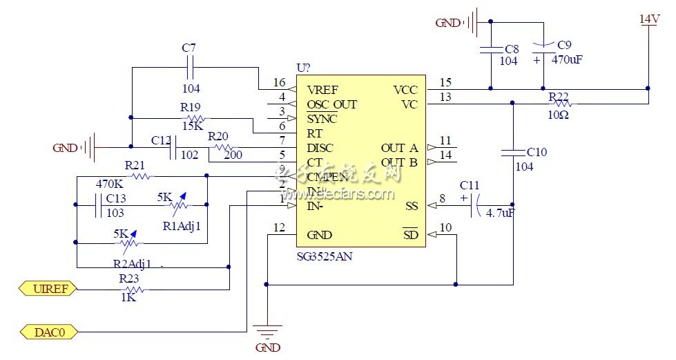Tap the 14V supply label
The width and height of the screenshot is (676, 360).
coord(649,19)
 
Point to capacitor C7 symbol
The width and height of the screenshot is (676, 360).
coord(191,68)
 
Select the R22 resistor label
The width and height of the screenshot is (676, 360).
coord(558,95)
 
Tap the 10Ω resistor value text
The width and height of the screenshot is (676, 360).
coord(558,115)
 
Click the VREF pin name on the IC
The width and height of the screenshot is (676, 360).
coord(323,90)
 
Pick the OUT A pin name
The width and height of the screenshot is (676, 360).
coord(399,148)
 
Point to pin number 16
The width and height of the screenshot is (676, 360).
coord(279,82)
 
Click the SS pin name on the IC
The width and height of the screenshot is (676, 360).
coord(412,206)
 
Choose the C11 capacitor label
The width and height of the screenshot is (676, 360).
coord(469,185)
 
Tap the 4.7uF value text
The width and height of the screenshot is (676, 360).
coord(501,214)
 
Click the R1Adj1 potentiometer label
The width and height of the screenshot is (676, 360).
coord(181,225)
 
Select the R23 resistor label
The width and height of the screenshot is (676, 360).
coord(129,278)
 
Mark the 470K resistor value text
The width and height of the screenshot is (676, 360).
coord(108,184)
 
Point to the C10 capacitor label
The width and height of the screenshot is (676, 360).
coord(536,152)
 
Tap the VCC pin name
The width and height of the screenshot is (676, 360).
coord(405,90)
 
